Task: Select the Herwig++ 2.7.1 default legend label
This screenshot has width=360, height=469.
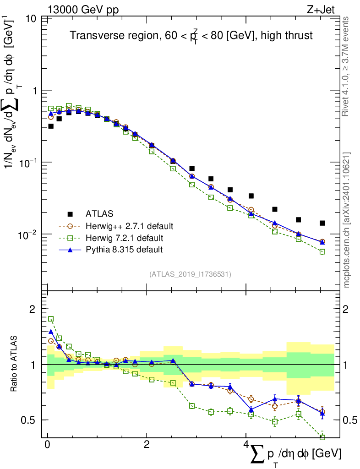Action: (x=129, y=226)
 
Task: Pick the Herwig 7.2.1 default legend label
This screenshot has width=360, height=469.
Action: (x=125, y=238)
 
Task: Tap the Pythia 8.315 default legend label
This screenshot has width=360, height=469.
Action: (x=124, y=250)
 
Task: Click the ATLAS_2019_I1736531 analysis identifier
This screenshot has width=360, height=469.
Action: (x=190, y=274)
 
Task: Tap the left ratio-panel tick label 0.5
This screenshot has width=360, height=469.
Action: (x=29, y=420)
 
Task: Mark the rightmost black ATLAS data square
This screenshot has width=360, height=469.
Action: (x=322, y=223)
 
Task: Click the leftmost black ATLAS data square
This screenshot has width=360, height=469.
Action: (x=51, y=126)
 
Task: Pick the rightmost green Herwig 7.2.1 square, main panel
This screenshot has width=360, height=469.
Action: (x=322, y=252)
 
